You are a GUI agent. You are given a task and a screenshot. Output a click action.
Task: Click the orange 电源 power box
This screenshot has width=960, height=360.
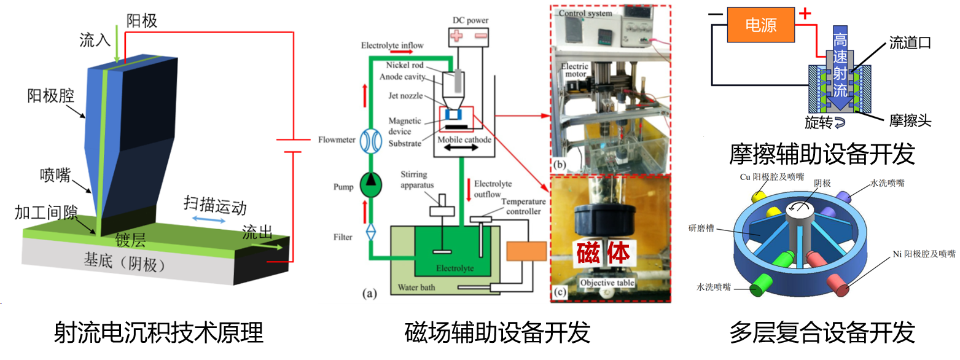tap(760, 25)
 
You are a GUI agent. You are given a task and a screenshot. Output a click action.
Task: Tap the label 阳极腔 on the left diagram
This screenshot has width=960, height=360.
tap(50, 96)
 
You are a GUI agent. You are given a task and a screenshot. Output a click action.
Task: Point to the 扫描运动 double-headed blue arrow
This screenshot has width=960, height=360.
tap(206, 219)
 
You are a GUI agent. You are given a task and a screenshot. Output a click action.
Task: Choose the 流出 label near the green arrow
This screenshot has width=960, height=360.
tap(257, 232)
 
